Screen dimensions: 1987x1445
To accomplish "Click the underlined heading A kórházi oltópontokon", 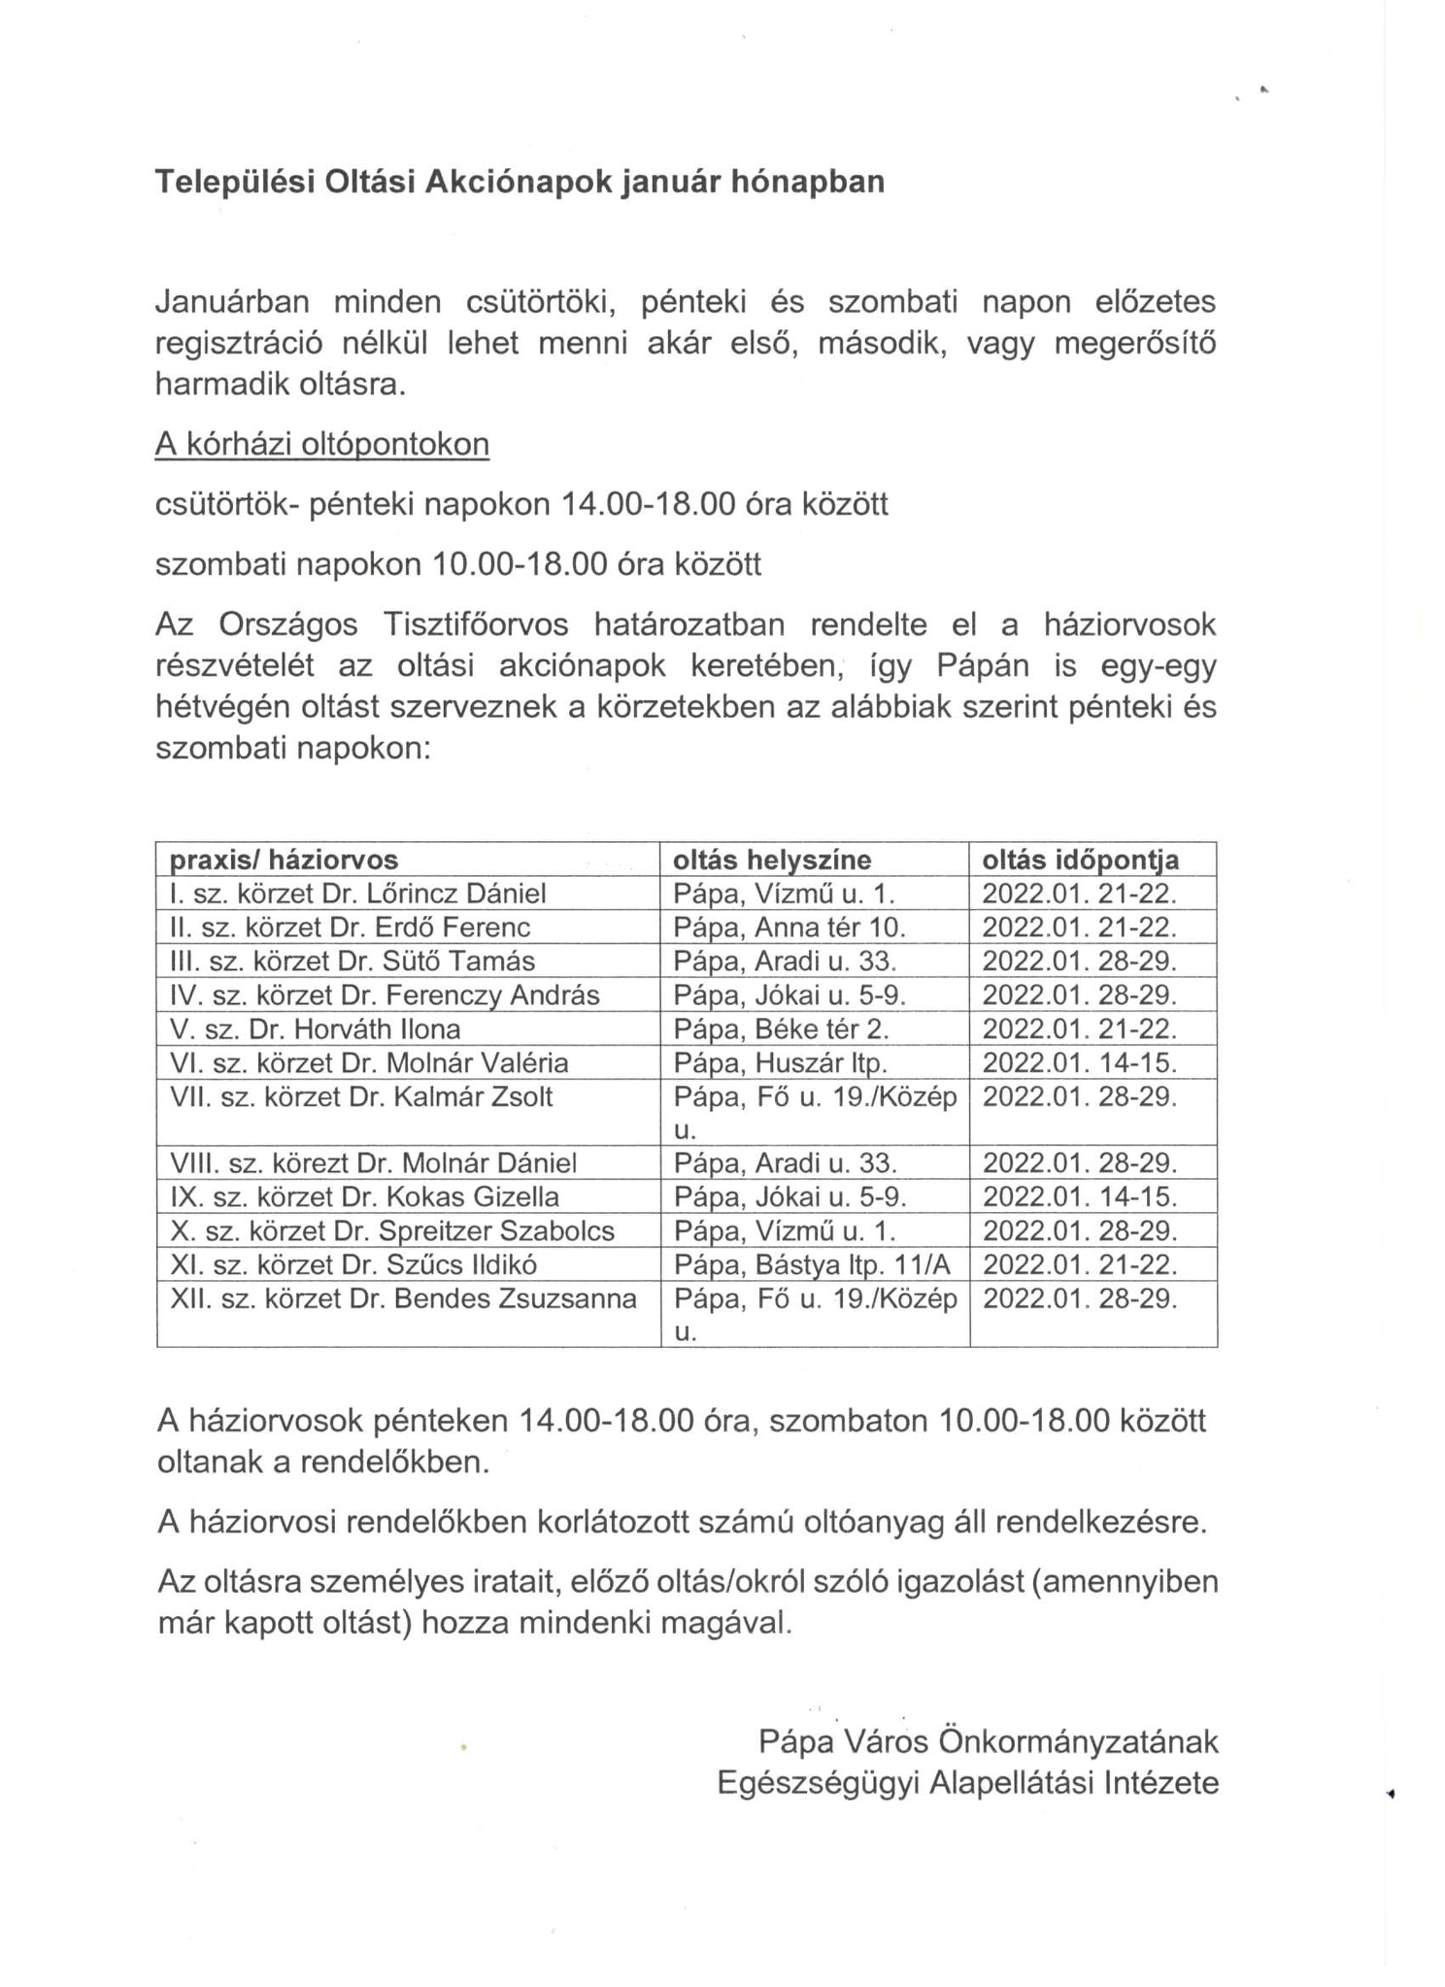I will pyautogui.click(x=321, y=444).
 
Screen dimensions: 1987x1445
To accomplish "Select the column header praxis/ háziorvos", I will pyautogui.click(x=284, y=859).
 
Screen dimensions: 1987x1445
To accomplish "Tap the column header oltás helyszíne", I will pyautogui.click(x=772, y=859).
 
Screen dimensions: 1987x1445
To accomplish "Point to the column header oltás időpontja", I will pyautogui.click(x=1080, y=859).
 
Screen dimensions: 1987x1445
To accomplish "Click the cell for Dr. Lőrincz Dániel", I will pyautogui.click(x=357, y=893).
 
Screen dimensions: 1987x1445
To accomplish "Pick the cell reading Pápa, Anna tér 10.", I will pyautogui.click(x=789, y=927).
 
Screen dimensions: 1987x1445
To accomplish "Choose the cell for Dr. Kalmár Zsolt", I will pyautogui.click(x=361, y=1097).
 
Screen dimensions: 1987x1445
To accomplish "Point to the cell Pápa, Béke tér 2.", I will pyautogui.click(x=781, y=1028).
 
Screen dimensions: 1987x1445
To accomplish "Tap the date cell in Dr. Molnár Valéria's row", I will pyautogui.click(x=1079, y=1062).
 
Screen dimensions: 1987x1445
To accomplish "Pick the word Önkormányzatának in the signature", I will pyautogui.click(x=1078, y=1741).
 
